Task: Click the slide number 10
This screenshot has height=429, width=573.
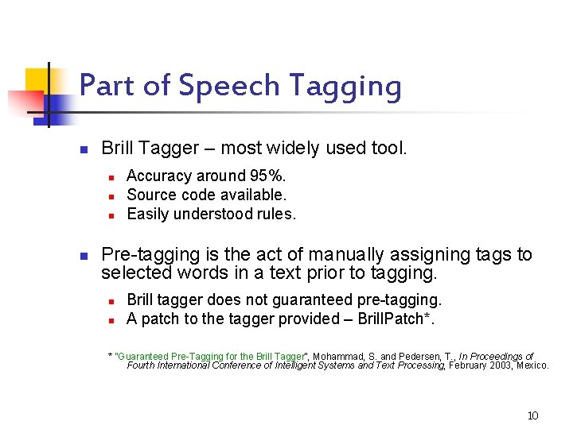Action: click(x=533, y=415)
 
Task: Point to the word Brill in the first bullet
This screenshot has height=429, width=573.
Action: click(x=119, y=148)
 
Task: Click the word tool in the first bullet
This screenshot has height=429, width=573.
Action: click(x=388, y=148)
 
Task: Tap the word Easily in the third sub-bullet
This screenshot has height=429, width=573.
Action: click(x=147, y=214)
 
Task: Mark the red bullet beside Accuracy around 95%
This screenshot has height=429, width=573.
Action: click(x=113, y=176)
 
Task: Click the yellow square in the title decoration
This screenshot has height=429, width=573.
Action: click(x=37, y=80)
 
